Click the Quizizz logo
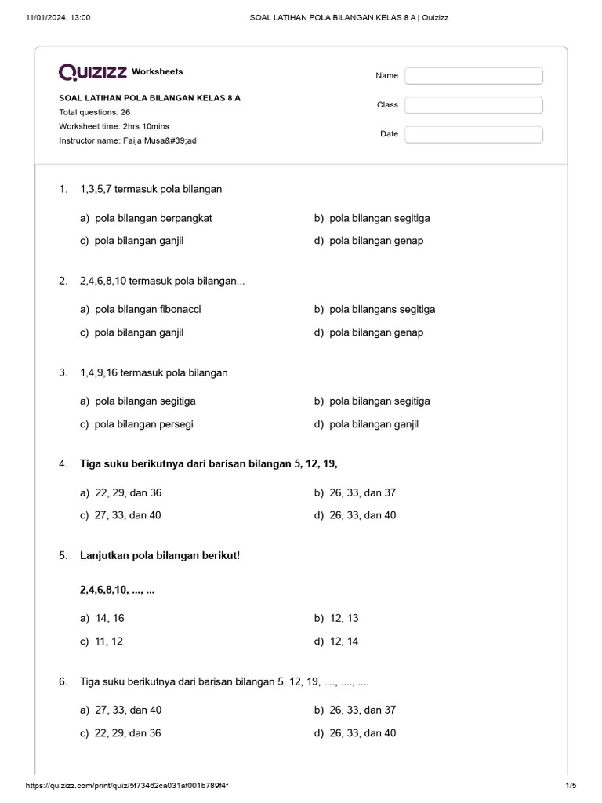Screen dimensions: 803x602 click(92, 72)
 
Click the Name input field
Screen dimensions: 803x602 click(473, 76)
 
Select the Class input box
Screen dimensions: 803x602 click(473, 105)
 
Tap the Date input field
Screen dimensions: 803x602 click(473, 134)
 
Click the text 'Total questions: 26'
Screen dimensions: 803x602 click(94, 112)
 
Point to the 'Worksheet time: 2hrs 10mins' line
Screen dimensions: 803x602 click(114, 126)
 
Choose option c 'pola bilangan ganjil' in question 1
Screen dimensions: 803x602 click(139, 241)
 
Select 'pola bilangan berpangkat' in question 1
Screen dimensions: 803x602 click(153, 218)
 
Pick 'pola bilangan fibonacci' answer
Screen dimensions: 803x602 click(147, 309)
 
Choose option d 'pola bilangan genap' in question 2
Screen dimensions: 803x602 click(376, 332)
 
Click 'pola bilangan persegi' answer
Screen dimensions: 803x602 click(143, 424)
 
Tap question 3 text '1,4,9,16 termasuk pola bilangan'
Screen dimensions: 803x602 click(154, 372)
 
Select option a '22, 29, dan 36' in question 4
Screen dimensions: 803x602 click(128, 492)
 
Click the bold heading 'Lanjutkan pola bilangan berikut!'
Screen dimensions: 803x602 click(160, 555)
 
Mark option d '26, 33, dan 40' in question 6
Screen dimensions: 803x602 click(363, 732)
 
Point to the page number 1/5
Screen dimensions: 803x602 click(570, 786)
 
